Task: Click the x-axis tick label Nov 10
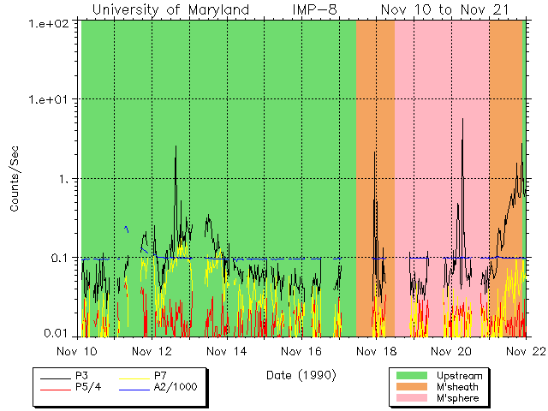coord(82,351)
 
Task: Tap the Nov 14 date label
coord(229,351)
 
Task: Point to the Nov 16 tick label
coord(304,351)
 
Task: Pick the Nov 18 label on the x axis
coord(377,351)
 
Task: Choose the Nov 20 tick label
coord(451,351)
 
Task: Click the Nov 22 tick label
coord(524,351)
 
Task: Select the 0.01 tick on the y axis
coord(60,332)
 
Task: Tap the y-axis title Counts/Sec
coord(15,179)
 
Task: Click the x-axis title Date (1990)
coord(301,375)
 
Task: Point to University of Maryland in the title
coord(170,9)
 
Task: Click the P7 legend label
coord(160,376)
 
